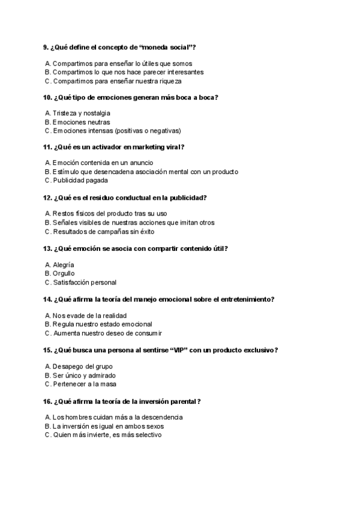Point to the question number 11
(x=47, y=147)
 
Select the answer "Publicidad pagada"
(x=80, y=180)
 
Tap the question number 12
(x=47, y=197)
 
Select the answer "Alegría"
(x=63, y=265)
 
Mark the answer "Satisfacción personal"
(x=84, y=282)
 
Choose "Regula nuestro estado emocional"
(x=102, y=324)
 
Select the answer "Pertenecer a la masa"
(x=84, y=384)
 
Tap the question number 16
(x=47, y=401)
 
